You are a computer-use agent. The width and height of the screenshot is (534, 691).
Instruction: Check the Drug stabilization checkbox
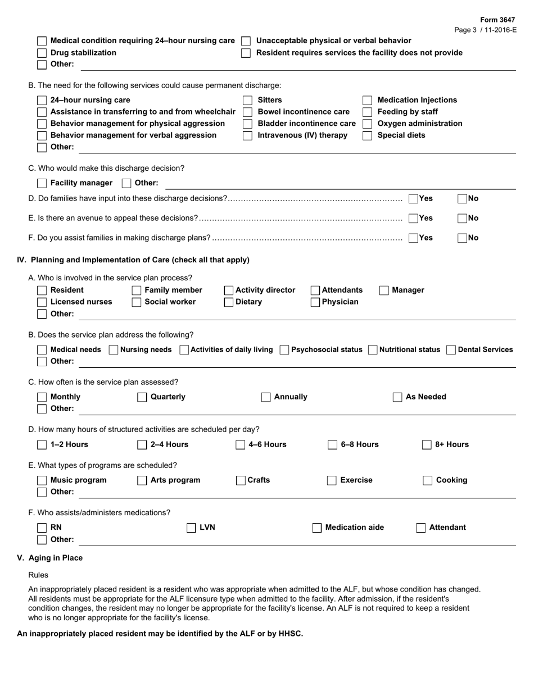tap(42, 53)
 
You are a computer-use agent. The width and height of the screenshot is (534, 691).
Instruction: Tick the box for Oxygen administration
tap(367, 124)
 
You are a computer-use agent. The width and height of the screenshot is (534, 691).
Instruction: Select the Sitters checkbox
tap(247, 100)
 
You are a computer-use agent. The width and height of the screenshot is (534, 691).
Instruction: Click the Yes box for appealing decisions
tap(413, 218)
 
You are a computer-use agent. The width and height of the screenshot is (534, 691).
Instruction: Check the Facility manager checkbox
tap(42, 183)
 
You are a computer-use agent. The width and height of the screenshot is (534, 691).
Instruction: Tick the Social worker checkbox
tap(136, 302)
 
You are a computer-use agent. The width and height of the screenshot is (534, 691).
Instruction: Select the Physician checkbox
tap(315, 302)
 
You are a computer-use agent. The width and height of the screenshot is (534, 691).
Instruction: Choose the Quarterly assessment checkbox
tap(142, 397)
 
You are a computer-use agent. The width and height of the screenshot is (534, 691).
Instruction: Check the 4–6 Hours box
tap(241, 445)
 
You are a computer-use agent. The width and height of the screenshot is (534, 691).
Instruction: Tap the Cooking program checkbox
tap(427, 480)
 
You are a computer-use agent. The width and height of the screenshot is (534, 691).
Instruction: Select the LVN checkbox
tap(191, 528)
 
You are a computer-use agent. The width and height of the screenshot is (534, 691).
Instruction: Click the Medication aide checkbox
tap(317, 528)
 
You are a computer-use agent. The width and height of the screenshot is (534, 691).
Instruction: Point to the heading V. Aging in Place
tap(50, 558)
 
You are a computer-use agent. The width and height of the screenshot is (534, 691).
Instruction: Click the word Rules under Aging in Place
tap(38, 575)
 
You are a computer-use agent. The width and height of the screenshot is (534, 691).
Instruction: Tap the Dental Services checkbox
tap(451, 350)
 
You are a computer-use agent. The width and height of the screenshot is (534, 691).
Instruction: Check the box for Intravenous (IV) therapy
tap(247, 135)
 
